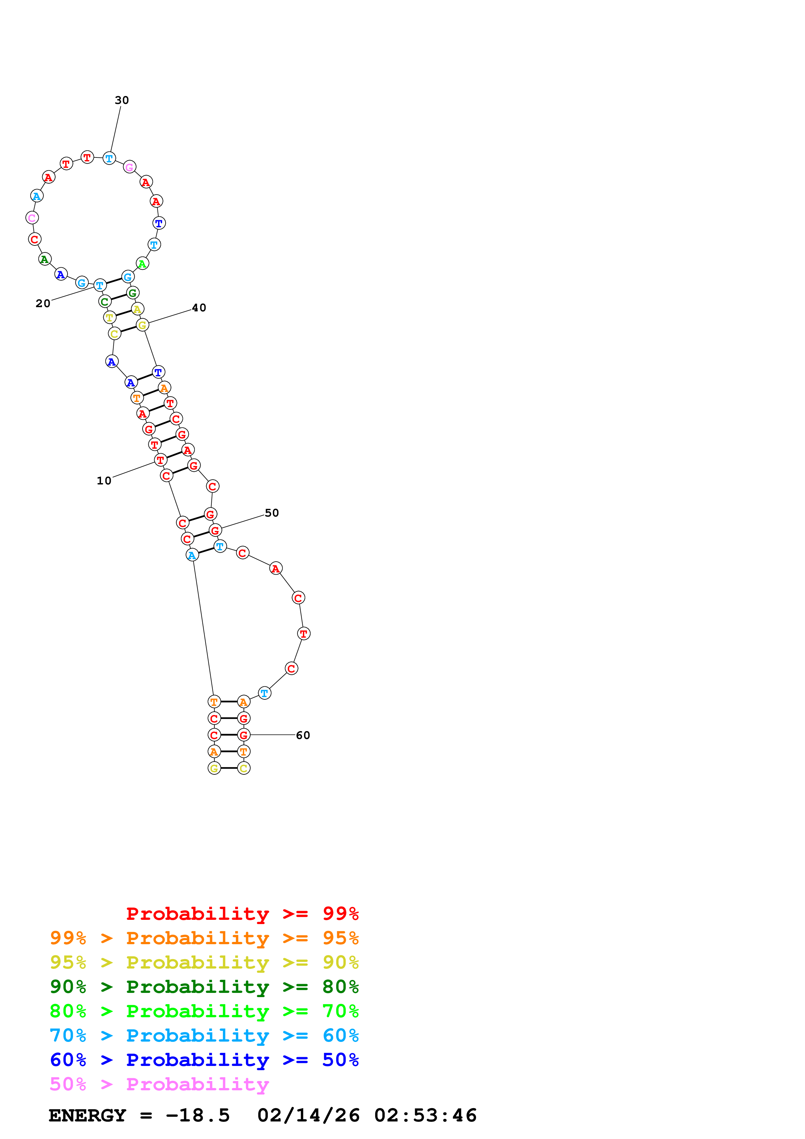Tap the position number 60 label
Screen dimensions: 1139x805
coord(303,735)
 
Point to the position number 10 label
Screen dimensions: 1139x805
coord(104,481)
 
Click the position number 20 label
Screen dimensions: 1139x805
coord(43,303)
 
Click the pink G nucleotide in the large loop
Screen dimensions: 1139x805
coord(130,167)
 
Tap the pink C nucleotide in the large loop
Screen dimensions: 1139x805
coord(32,217)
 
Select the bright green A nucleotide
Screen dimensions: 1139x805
coord(142,264)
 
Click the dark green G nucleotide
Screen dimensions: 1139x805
coord(132,293)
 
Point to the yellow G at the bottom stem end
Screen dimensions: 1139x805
coord(214,769)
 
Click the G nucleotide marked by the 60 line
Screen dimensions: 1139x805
coord(244,735)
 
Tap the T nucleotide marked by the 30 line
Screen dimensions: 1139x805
coord(109,159)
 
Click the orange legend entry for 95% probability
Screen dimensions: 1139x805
coord(204,938)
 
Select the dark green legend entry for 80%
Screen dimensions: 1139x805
coord(204,987)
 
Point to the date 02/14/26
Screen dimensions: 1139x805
coord(308,1115)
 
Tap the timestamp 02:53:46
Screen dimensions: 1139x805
coord(425,1115)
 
